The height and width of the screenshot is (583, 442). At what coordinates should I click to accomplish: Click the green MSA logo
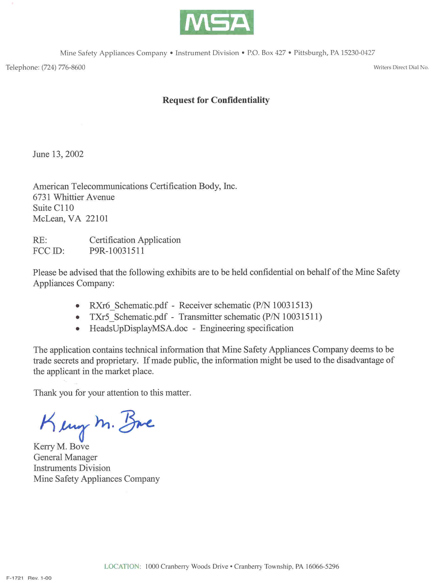click(x=217, y=22)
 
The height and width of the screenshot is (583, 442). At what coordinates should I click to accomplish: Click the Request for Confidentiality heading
click(x=216, y=100)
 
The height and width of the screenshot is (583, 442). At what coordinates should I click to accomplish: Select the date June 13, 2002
click(x=58, y=154)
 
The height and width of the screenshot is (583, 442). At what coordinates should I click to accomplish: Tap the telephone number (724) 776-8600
click(x=63, y=68)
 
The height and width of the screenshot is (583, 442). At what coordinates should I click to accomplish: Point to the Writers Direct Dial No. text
click(x=401, y=68)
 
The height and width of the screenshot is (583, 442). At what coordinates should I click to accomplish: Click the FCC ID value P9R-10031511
click(x=117, y=250)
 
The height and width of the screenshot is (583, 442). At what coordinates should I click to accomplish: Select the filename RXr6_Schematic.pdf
click(x=128, y=305)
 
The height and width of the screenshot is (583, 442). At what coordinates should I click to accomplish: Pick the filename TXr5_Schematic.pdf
click(x=128, y=317)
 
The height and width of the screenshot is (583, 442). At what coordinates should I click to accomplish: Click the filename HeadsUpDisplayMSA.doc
click(x=138, y=328)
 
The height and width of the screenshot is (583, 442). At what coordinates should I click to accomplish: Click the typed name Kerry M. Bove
click(x=61, y=446)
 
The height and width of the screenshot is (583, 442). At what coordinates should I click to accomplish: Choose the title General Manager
click(x=65, y=457)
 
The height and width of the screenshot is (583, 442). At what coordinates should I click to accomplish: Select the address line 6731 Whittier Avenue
click(x=74, y=197)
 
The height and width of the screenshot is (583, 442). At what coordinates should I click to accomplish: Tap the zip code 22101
click(x=97, y=219)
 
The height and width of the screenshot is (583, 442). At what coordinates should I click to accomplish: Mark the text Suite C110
click(x=53, y=208)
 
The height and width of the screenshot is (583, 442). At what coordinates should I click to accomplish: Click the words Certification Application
click(x=135, y=240)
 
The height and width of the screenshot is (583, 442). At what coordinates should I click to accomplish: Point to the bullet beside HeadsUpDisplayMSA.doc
click(x=78, y=329)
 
